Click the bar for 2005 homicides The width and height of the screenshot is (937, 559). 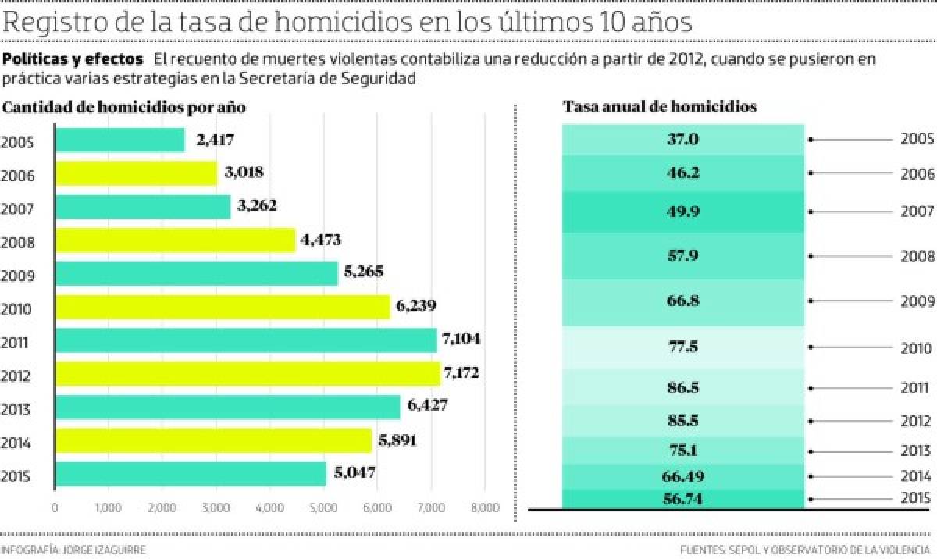[x=119, y=141]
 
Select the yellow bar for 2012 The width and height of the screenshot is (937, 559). [x=248, y=374]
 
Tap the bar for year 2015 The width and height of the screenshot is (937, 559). [x=191, y=474]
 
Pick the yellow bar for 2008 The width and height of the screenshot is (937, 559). [x=175, y=240]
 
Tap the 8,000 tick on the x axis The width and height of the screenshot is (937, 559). [x=484, y=508]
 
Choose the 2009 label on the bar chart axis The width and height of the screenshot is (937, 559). [x=16, y=276]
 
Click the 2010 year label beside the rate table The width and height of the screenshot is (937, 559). [x=914, y=348]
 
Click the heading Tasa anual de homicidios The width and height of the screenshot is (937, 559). [x=660, y=108]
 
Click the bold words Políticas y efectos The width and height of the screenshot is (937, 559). [x=73, y=59]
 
